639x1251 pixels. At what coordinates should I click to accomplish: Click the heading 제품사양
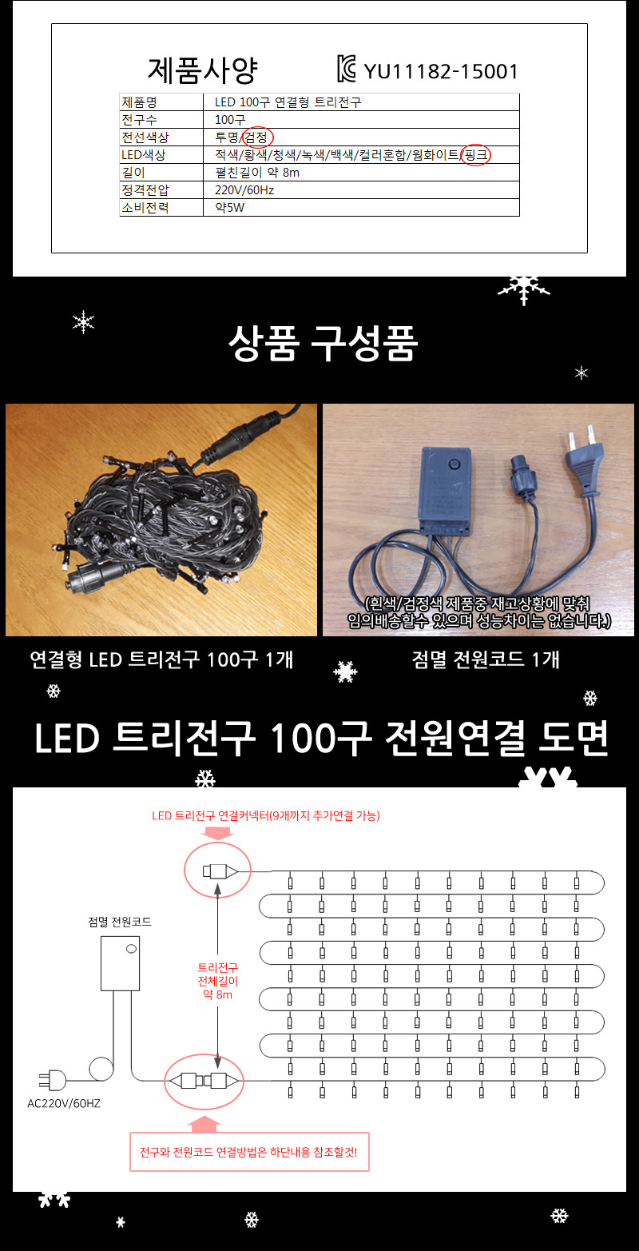point(202,70)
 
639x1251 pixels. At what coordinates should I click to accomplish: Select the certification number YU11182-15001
point(441,72)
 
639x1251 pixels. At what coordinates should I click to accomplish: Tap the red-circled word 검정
point(257,137)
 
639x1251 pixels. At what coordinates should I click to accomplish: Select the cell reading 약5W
point(229,207)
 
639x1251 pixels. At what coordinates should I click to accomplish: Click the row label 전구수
point(139,119)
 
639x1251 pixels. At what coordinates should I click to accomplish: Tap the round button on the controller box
point(456,463)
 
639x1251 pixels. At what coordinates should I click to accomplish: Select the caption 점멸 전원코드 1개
point(486,659)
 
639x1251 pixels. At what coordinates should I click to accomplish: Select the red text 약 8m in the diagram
point(218,994)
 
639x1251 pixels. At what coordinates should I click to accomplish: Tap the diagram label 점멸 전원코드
point(120,922)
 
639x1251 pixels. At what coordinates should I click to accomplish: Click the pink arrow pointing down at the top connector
point(216,833)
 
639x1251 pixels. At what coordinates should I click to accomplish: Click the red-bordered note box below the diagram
point(249,1152)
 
